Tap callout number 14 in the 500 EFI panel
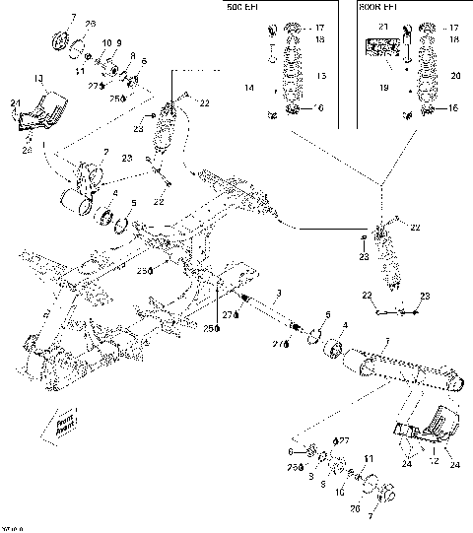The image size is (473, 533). pyautogui.click(x=248, y=88)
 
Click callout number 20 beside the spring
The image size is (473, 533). pyautogui.click(x=454, y=75)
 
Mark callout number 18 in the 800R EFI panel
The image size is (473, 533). pyautogui.click(x=454, y=40)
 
